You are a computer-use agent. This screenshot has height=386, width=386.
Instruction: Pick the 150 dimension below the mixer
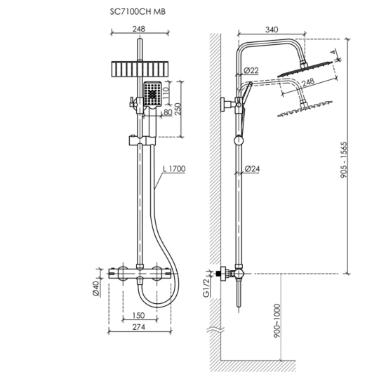138,316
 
